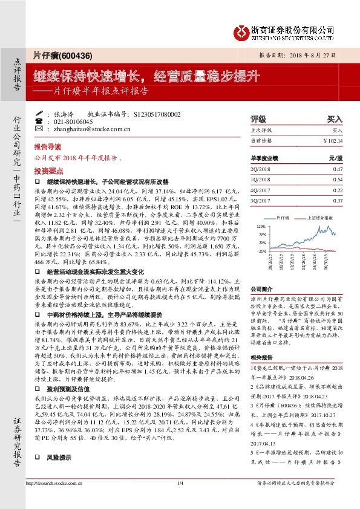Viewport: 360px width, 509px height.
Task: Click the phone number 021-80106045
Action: [x=73, y=122]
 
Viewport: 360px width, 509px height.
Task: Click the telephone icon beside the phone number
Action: [x=40, y=122]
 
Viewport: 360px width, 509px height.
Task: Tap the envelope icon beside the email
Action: [x=40, y=129]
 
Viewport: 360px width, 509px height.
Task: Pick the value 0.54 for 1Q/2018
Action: [x=338, y=180]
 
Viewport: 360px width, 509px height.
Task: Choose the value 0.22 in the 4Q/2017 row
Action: [x=338, y=190]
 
